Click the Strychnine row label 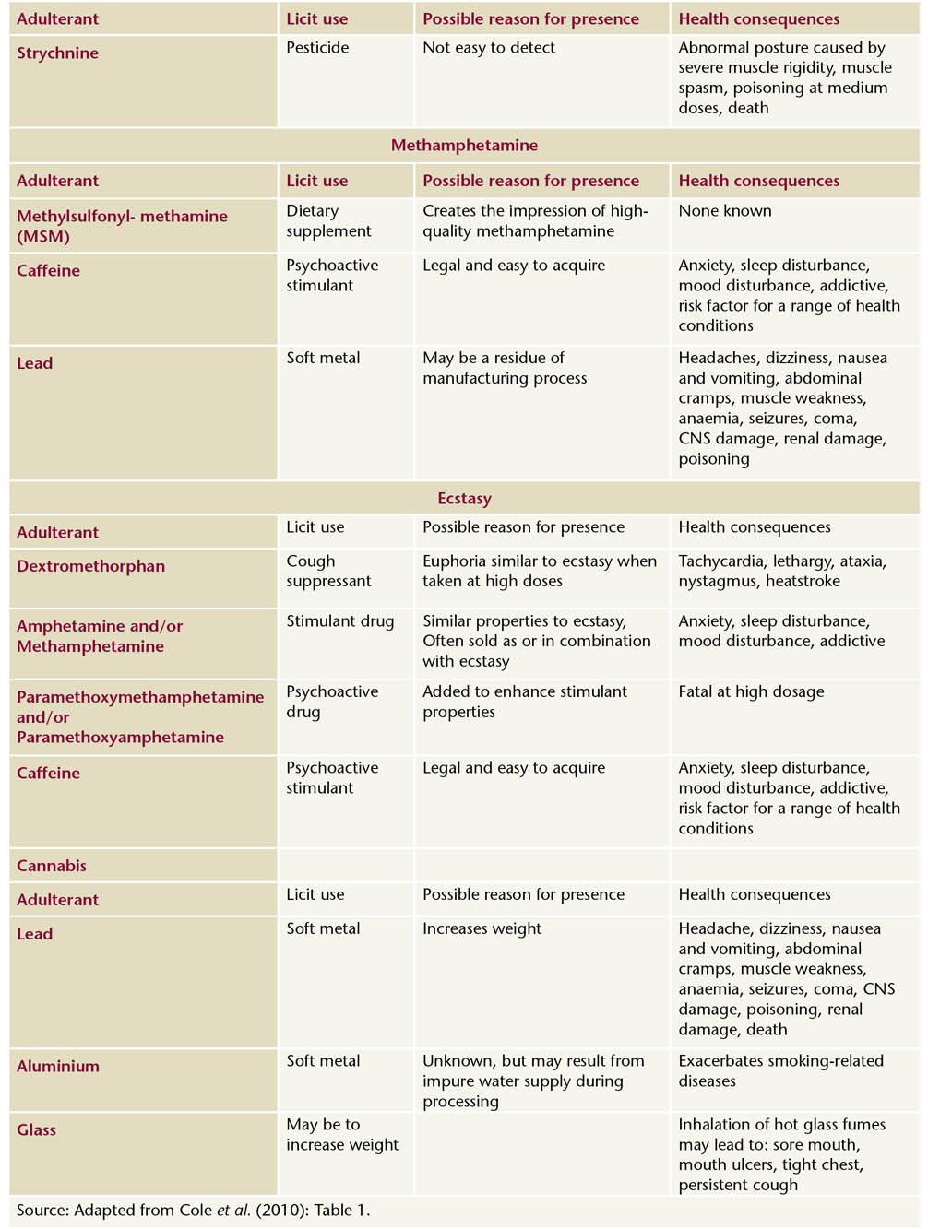click(57, 53)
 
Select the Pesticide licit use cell click(317, 48)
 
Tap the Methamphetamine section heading click(464, 146)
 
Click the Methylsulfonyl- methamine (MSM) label click(122, 226)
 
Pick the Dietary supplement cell click(328, 221)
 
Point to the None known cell click(725, 211)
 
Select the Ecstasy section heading click(464, 499)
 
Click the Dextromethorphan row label click(90, 566)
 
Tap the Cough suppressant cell click(328, 571)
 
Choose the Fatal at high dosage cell click(751, 691)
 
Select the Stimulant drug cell click(339, 621)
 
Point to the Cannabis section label click(52, 866)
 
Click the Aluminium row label click(58, 1067)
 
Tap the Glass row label click(37, 1130)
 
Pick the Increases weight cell click(482, 928)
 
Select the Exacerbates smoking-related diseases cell click(780, 1070)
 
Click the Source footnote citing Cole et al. click(193, 1211)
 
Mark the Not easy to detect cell click(489, 48)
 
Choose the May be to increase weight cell click(342, 1135)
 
